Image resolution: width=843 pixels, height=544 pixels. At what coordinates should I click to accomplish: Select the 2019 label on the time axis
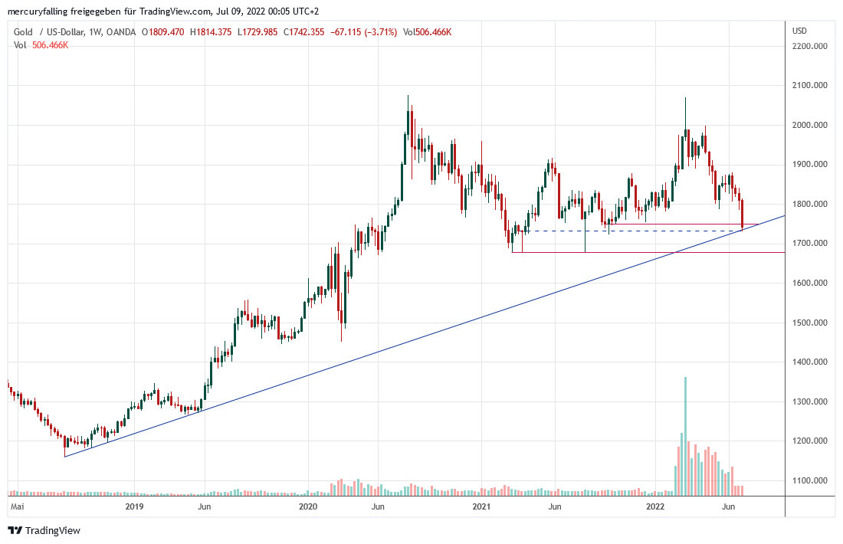coord(134,506)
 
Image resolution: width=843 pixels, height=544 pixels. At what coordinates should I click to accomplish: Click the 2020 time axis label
coord(308,506)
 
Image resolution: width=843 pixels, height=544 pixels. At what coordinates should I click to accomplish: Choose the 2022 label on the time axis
coord(655,506)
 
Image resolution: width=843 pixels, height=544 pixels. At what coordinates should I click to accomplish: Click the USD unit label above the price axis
coord(800,31)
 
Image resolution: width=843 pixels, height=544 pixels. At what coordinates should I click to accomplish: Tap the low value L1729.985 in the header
coord(261,32)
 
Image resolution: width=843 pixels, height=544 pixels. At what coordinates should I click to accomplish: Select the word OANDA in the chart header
coord(120,32)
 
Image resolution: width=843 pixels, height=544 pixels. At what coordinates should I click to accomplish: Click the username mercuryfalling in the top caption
coord(36,11)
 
